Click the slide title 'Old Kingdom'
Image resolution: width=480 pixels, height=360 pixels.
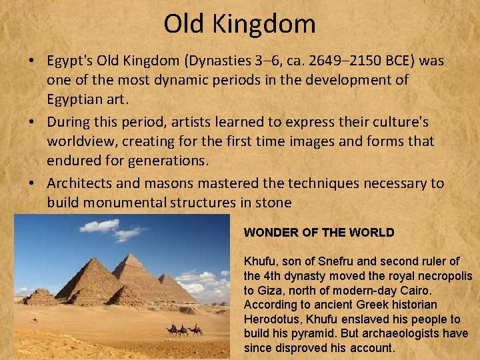(240, 24)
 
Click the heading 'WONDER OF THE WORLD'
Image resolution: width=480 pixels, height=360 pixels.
(319, 233)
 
